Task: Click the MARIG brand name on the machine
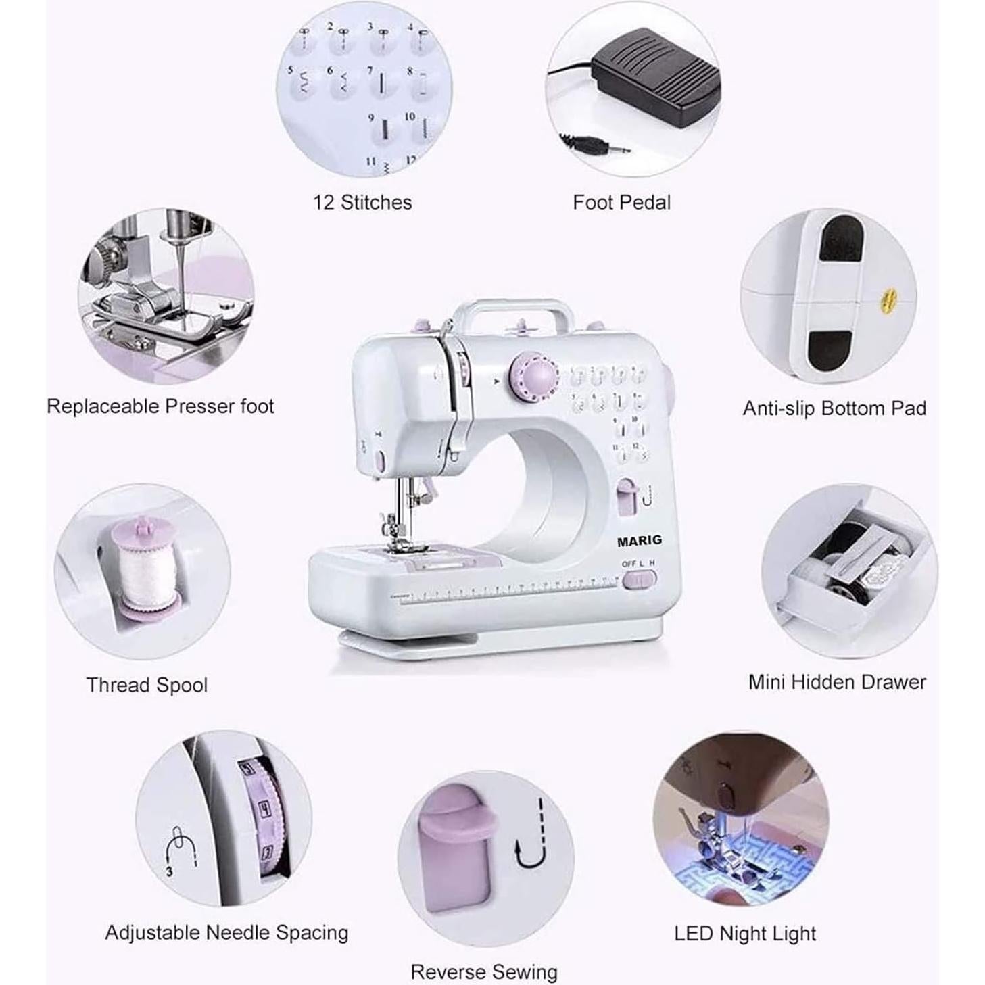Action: click(x=639, y=540)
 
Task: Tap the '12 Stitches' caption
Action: click(x=362, y=202)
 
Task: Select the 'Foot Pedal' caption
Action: click(x=621, y=202)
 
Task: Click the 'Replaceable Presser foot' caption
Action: click(x=160, y=406)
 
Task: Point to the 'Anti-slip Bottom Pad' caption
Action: click(x=834, y=408)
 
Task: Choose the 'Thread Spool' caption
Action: click(x=147, y=685)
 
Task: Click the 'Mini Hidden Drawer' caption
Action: click(x=837, y=682)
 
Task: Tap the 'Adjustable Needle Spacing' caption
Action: click(x=226, y=933)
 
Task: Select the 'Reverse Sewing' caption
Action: click(x=484, y=972)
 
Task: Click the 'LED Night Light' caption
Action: click(x=745, y=934)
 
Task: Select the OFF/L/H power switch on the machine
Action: click(x=638, y=579)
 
